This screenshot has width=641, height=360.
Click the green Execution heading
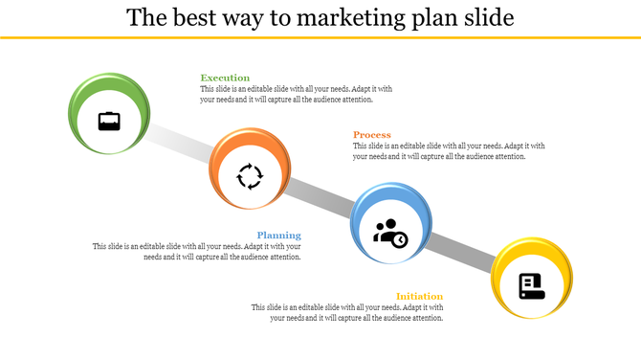(x=225, y=78)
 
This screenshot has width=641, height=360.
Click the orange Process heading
(x=371, y=135)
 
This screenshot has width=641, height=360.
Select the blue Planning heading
(x=278, y=235)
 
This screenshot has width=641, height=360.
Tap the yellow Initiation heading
(x=420, y=296)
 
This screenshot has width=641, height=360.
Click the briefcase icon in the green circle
(x=109, y=122)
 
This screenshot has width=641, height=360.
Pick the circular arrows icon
(x=250, y=176)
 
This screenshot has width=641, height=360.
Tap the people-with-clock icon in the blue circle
(x=390, y=233)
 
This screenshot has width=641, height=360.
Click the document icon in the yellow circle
(x=531, y=285)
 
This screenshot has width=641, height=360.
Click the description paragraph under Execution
(x=296, y=94)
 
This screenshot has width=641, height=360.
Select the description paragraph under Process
(x=448, y=151)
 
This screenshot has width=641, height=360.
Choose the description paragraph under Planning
(x=197, y=251)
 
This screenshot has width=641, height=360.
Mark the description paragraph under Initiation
(x=348, y=312)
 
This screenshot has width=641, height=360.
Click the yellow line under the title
(x=320, y=37)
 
